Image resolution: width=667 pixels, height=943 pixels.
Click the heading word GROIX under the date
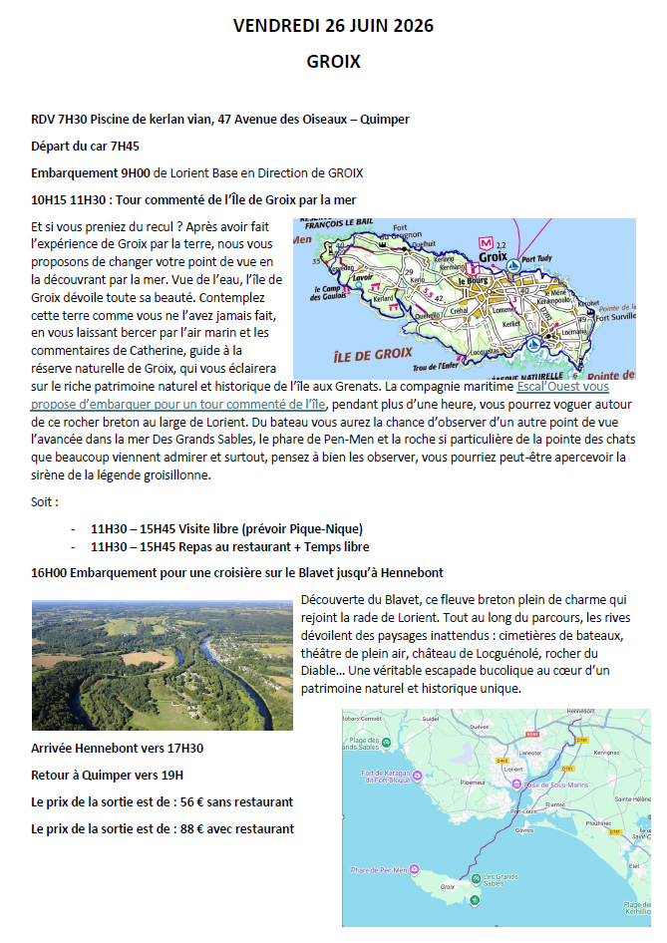(333, 62)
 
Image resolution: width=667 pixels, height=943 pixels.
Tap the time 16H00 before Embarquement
(51, 572)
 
